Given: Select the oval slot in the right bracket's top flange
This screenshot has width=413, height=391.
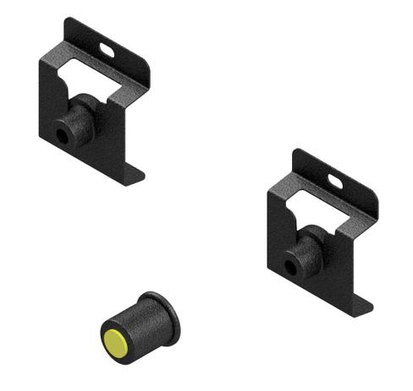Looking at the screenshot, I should click(x=336, y=181).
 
